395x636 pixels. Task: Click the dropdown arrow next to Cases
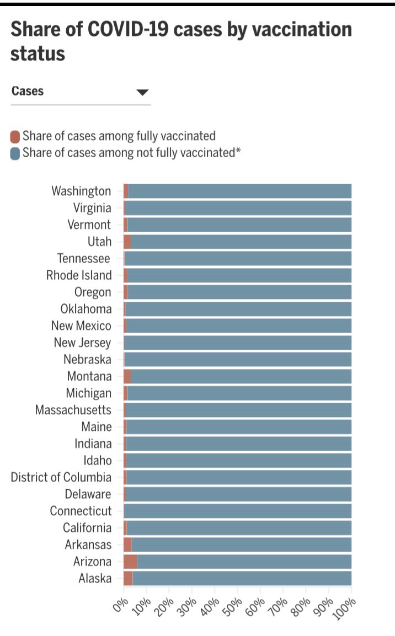142,92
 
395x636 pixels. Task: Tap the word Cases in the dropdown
28,91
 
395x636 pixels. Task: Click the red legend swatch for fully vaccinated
15,136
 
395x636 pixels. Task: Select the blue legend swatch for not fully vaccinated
15,153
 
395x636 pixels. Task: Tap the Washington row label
81,191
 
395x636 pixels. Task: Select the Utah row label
99,242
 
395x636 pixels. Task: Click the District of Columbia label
61,477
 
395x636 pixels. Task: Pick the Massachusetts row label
73,410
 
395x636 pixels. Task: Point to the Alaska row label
95,578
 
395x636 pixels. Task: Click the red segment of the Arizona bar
130,562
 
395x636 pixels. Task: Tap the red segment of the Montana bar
127,376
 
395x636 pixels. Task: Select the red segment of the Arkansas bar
127,544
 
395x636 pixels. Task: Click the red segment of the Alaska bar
128,578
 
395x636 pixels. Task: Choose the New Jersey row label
82,343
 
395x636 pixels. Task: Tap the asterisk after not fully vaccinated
238,151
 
